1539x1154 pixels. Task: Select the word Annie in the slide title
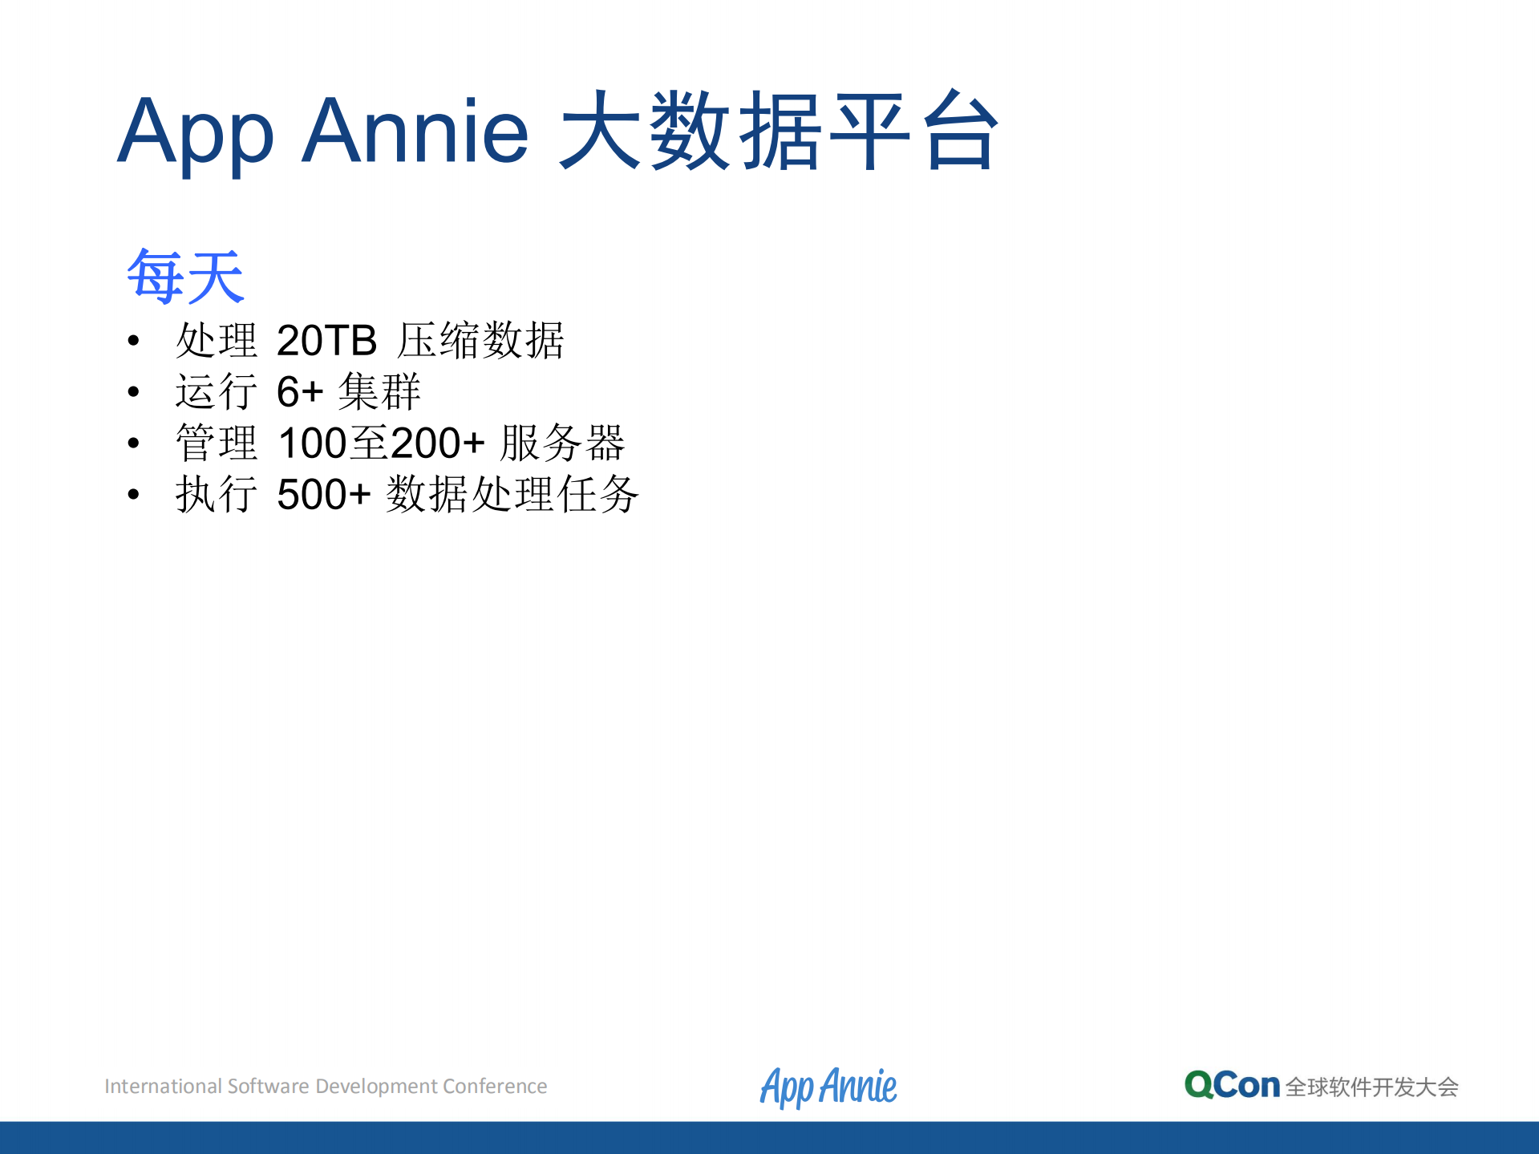415,131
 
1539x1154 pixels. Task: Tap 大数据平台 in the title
779,131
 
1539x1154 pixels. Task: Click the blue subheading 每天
185,277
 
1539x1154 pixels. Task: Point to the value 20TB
326,341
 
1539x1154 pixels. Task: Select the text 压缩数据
481,341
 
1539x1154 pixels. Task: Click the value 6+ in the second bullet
299,392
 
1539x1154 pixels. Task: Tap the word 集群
379,392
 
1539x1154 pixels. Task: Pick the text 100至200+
381,443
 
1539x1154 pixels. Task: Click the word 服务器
562,443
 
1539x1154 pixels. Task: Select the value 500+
323,494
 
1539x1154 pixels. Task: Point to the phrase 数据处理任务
512,494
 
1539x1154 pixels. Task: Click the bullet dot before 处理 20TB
133,342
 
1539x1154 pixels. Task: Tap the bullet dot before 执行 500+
133,495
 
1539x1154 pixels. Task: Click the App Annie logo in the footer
828,1087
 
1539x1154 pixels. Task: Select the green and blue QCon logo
1232,1086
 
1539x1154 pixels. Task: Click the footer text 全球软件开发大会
1371,1087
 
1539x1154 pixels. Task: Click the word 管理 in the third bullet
217,443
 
